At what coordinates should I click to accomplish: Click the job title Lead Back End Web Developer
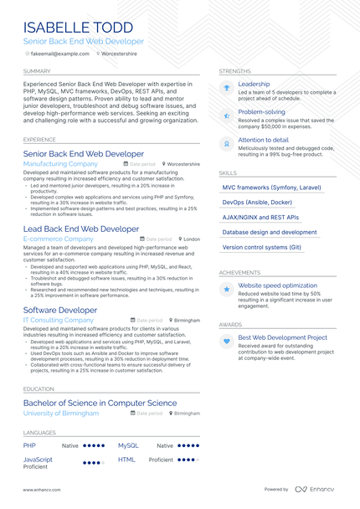coord(81,229)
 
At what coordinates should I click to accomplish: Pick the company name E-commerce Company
coord(58,239)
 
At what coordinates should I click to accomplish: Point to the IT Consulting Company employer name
coord(59,320)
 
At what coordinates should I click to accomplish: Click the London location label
coord(192,239)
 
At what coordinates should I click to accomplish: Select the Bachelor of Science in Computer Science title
coord(100,403)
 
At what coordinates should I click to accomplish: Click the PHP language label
coord(29,446)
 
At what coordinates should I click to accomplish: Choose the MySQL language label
coord(127,446)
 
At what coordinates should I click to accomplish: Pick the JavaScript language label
coord(38,460)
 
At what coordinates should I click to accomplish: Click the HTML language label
coord(126,460)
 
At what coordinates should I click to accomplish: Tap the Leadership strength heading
coord(254,85)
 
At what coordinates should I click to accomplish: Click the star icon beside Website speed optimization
coord(226,289)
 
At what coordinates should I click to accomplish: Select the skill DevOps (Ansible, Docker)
coord(257,203)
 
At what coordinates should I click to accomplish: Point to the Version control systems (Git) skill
coord(261,247)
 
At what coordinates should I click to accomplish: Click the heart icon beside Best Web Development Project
coord(226,342)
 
